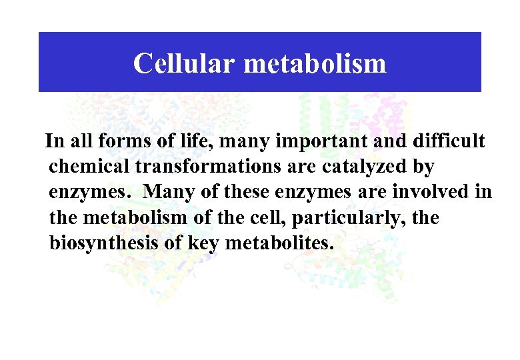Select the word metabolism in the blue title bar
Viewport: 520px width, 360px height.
pos(315,64)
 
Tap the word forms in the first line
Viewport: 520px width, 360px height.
pos(121,142)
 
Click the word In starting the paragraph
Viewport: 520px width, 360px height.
pos(54,142)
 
